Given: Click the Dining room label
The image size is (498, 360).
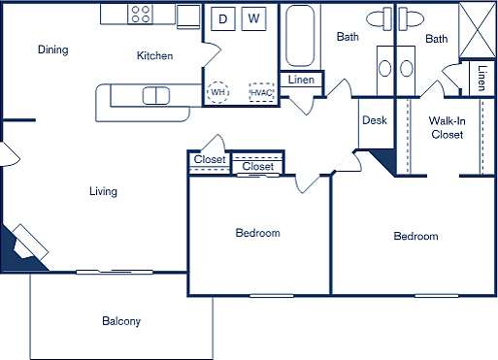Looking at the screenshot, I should click(x=52, y=49).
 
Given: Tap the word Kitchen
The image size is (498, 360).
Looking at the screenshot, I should click(x=154, y=56).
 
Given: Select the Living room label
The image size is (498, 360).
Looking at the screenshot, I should click(x=103, y=191).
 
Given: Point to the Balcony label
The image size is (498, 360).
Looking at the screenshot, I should click(x=121, y=321).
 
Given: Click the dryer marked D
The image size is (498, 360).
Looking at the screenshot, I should click(x=222, y=18).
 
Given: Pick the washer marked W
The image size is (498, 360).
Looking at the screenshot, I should click(x=254, y=18).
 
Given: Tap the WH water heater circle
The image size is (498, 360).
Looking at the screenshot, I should click(x=218, y=91).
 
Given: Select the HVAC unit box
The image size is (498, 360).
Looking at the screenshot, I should click(x=260, y=92).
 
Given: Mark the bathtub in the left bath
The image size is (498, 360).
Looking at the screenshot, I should click(x=301, y=33).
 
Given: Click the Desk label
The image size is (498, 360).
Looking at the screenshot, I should click(x=375, y=121).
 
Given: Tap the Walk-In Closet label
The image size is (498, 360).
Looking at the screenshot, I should click(x=448, y=127).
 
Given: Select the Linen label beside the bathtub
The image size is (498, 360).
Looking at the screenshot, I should click(x=301, y=80).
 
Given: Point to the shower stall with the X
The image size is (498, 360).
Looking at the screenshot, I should click(x=476, y=21).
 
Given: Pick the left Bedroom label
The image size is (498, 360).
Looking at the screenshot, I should click(x=257, y=233).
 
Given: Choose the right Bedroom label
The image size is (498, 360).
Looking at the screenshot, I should click(x=415, y=236).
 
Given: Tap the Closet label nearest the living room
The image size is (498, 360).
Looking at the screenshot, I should click(x=210, y=160).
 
